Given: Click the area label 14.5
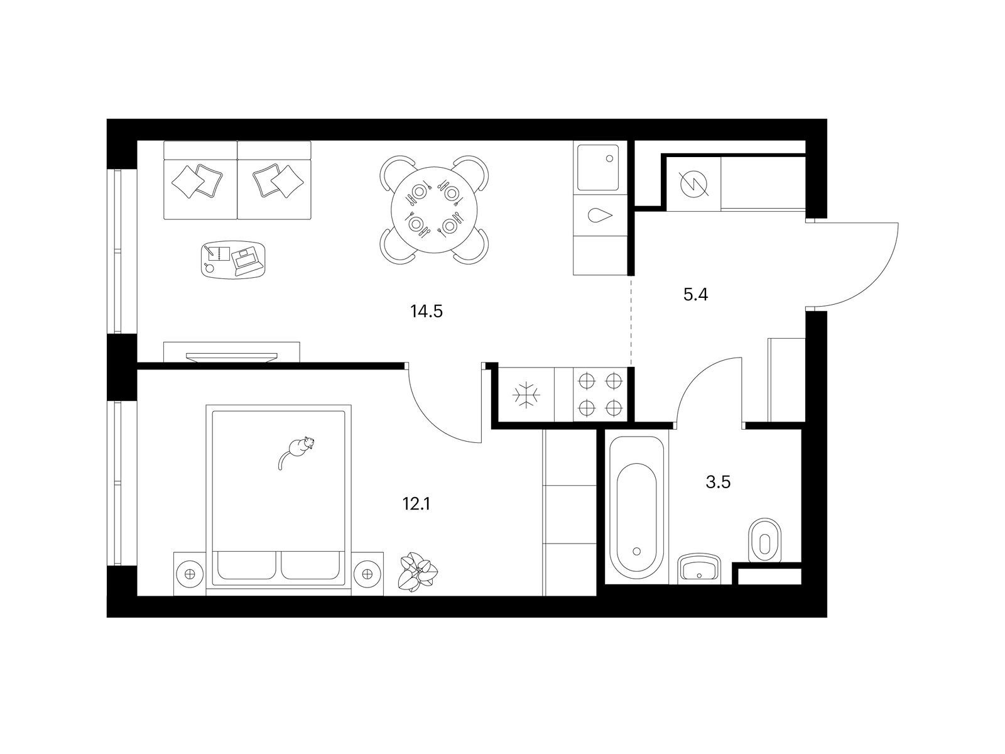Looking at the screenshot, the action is [426, 312].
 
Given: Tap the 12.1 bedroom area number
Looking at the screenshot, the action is [416, 505].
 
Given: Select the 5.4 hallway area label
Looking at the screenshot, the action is [695, 295].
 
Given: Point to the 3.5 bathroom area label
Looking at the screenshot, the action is [718, 482].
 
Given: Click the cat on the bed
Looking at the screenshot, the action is [297, 451].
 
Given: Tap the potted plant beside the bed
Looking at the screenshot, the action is [418, 572].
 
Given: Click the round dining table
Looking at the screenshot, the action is [434, 210].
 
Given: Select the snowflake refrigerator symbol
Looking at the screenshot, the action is [526, 394].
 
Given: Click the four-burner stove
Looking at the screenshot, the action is [600, 394].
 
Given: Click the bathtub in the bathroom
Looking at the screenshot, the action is [636, 510].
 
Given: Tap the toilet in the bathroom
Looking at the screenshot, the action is [764, 540].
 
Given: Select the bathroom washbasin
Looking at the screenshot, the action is [698, 569].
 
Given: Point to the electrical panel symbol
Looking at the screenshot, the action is [693, 183].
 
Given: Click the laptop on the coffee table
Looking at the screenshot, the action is [247, 260].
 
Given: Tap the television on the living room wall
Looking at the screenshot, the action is [232, 357].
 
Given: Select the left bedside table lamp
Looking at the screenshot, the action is [189, 574].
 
